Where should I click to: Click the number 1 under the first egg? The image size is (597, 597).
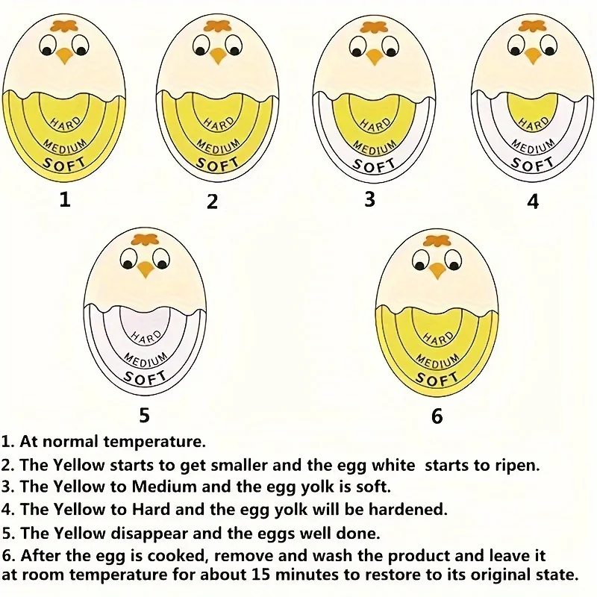(65, 199)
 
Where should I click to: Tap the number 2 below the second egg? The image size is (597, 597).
(213, 201)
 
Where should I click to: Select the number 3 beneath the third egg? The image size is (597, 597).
(369, 199)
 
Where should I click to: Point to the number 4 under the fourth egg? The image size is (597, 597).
(532, 201)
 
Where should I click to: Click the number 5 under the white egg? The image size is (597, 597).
(144, 414)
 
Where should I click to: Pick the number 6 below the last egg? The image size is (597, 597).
(437, 416)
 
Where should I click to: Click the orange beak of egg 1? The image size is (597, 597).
(65, 54)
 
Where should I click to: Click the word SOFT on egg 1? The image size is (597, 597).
(65, 162)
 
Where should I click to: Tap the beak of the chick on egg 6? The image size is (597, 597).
(437, 270)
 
